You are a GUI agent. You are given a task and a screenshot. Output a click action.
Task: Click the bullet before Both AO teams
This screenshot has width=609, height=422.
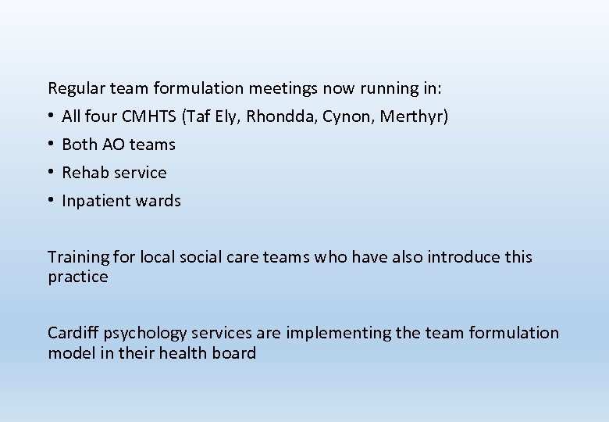tap(51, 145)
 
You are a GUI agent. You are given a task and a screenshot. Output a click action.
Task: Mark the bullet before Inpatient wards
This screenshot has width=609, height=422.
tap(51, 201)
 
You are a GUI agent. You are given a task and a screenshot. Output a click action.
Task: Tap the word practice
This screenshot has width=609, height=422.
tap(78, 277)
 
